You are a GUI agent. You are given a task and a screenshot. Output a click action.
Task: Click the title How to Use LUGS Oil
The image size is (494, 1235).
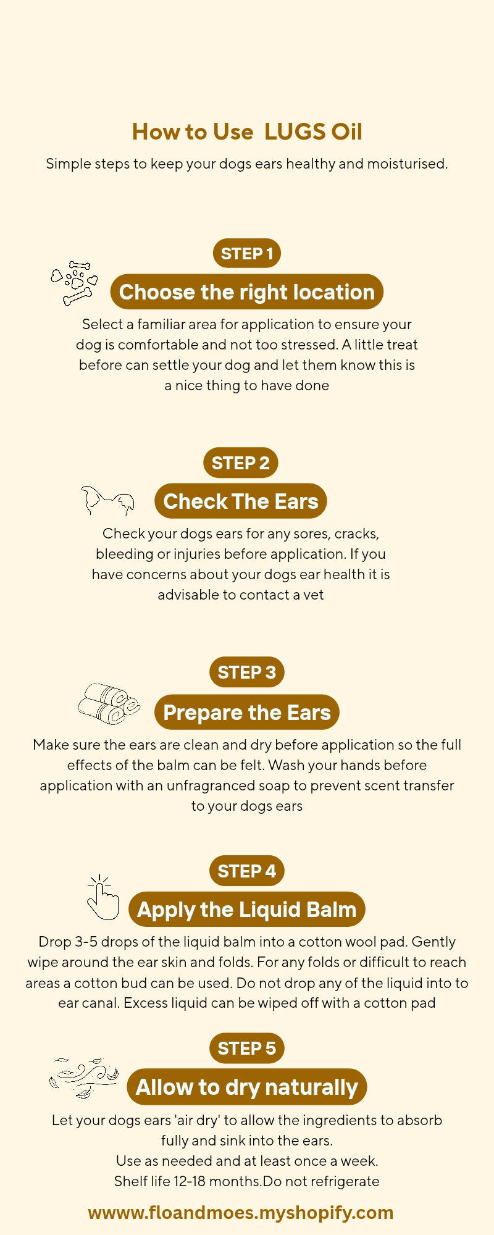pyautogui.click(x=247, y=132)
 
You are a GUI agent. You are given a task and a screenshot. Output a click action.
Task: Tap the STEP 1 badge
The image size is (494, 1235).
pyautogui.click(x=247, y=253)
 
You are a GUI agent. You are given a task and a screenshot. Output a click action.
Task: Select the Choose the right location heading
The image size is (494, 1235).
pyautogui.click(x=247, y=292)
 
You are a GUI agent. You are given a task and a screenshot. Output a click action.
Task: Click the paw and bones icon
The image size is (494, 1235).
pyautogui.click(x=75, y=283)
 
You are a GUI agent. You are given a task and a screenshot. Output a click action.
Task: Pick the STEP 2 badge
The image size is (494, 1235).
pyautogui.click(x=241, y=463)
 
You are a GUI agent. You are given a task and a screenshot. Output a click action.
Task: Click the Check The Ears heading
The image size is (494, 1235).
pyautogui.click(x=241, y=501)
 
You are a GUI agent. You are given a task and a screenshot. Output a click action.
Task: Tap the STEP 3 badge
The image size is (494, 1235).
pyautogui.click(x=247, y=672)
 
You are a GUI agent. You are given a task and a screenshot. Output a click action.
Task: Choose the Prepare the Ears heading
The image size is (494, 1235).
pyautogui.click(x=247, y=712)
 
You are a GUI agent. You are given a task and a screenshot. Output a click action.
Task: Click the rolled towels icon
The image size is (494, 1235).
pyautogui.click(x=109, y=704)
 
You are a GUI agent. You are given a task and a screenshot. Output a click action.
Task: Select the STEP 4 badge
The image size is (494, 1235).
pyautogui.click(x=247, y=871)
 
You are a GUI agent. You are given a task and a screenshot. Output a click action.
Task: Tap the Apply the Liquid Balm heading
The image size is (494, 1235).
pyautogui.click(x=247, y=910)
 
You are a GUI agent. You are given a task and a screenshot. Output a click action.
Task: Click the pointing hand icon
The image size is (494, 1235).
pyautogui.click(x=103, y=898)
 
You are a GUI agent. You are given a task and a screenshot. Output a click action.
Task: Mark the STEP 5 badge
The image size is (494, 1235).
pyautogui.click(x=247, y=1048)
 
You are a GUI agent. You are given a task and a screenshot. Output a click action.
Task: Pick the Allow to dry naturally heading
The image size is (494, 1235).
pyautogui.click(x=247, y=1087)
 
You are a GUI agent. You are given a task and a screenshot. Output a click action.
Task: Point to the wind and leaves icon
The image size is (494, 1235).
pyautogui.click(x=83, y=1078)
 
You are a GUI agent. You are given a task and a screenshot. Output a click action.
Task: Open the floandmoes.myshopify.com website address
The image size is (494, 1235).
pyautogui.click(x=241, y=1212)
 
